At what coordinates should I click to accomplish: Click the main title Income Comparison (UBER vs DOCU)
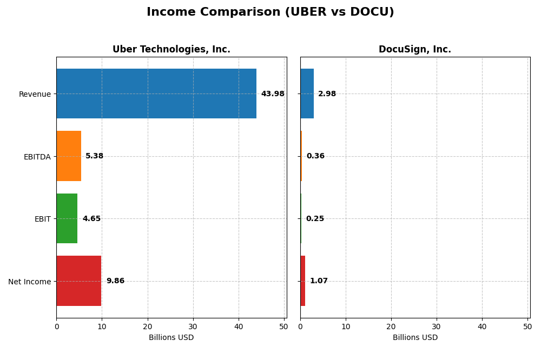[x=270, y=12]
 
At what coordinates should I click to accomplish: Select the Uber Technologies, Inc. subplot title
[x=171, y=49]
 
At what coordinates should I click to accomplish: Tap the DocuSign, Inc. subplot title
[x=414, y=49]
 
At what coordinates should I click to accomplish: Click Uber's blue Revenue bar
[x=156, y=94]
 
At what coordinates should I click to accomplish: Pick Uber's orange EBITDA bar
[x=69, y=156]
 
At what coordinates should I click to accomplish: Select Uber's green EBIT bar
[x=67, y=218]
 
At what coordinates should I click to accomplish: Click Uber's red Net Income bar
[x=79, y=281]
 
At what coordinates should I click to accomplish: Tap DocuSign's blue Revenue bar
[x=307, y=94]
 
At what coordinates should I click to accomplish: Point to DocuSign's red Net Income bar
[x=302, y=281]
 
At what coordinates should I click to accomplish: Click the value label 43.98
[x=273, y=94]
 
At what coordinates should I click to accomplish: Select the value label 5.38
[x=94, y=156]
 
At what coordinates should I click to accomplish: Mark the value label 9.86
[x=115, y=281]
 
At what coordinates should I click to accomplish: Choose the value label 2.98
[x=327, y=94]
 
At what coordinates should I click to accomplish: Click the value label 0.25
[x=315, y=219]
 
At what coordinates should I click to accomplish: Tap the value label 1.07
[x=319, y=281]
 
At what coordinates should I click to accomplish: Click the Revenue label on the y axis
[x=35, y=94]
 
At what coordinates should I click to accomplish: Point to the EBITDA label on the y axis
[x=37, y=157]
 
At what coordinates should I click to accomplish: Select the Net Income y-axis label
[x=30, y=282]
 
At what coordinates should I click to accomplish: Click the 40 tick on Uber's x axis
[x=239, y=326]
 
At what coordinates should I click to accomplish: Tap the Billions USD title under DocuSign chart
[x=415, y=338]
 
